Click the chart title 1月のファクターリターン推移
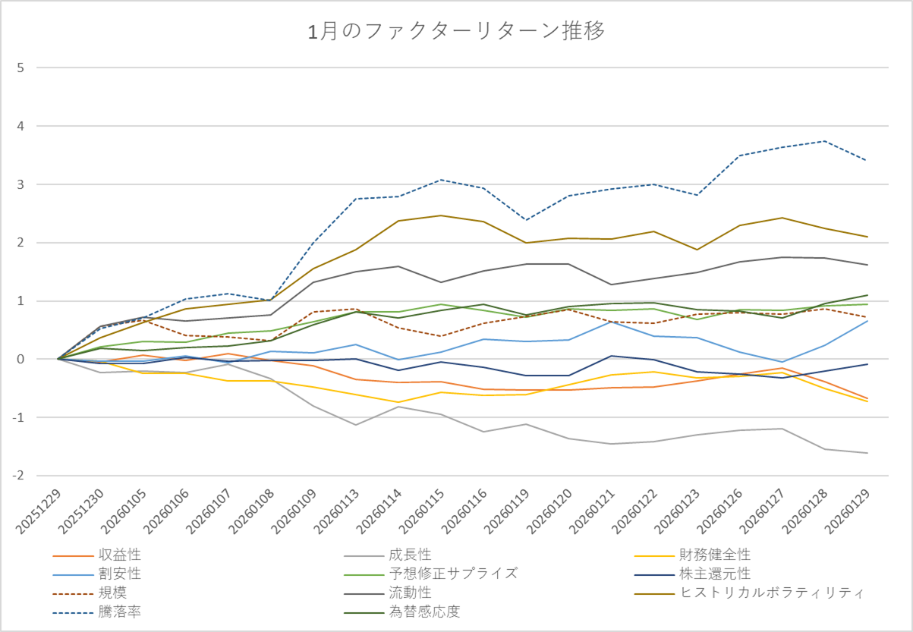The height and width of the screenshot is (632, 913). coord(456,31)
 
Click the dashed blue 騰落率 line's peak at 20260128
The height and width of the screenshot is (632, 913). coord(824,141)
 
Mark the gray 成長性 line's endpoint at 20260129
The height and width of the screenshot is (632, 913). coord(867,453)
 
